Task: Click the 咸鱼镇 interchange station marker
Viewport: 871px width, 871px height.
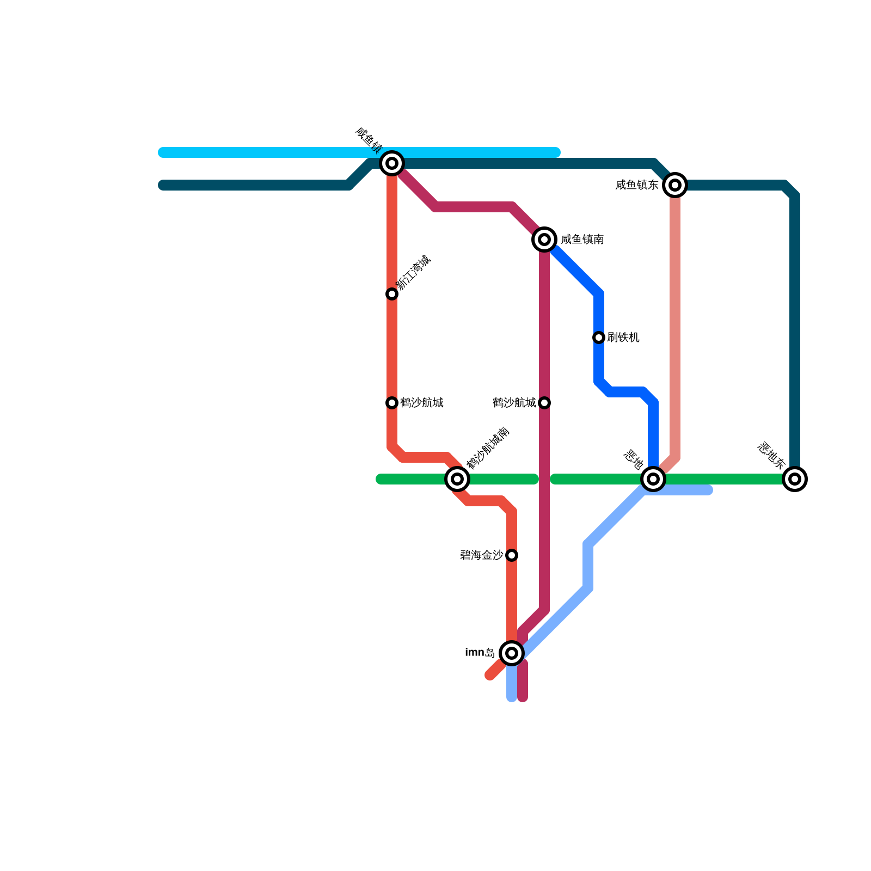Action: (x=392, y=163)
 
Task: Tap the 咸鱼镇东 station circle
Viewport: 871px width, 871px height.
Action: (x=675, y=185)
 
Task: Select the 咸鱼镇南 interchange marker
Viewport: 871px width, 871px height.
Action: (x=544, y=240)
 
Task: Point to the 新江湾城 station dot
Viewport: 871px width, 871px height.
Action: (x=392, y=294)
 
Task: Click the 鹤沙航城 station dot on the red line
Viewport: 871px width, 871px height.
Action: (x=392, y=403)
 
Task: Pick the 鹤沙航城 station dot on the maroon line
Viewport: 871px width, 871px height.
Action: (x=544, y=403)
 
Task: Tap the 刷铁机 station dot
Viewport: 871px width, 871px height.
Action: (x=599, y=338)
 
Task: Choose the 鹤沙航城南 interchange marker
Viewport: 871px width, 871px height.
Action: (x=457, y=479)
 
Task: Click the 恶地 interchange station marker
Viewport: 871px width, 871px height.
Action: (x=653, y=479)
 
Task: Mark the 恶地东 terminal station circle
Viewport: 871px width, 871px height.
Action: (x=795, y=479)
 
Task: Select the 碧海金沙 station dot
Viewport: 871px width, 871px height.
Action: (x=512, y=555)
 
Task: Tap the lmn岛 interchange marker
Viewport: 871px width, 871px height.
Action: (x=512, y=653)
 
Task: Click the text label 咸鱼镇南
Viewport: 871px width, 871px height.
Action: (x=582, y=240)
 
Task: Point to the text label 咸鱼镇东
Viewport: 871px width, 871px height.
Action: (x=636, y=185)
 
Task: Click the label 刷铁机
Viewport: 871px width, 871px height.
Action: (x=623, y=338)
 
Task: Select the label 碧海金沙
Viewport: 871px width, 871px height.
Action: (x=481, y=555)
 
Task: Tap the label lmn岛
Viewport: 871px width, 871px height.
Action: (x=480, y=653)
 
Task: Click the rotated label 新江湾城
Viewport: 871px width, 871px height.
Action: (x=413, y=273)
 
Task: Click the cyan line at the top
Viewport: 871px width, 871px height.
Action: (x=272, y=152)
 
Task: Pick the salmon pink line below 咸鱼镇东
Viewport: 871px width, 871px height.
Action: (x=675, y=327)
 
